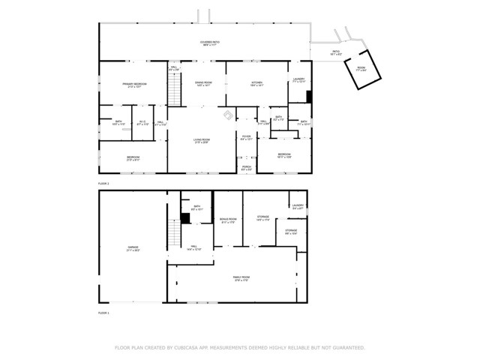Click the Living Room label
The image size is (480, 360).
[201, 140]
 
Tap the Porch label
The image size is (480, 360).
[246, 168]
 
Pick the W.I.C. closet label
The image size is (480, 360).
[142, 122]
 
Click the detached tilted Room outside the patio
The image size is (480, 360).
[361, 69]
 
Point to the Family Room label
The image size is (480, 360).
[240, 278]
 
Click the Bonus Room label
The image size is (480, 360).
[228, 220]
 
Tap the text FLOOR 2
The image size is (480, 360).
[103, 183]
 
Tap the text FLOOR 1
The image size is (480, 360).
[103, 312]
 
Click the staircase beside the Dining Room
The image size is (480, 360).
[175, 92]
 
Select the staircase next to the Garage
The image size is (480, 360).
[174, 235]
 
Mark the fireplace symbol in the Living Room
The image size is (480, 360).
[227, 115]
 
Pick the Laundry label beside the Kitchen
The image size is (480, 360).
[298, 79]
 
